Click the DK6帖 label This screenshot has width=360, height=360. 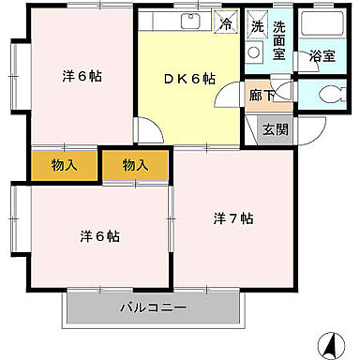[x=189, y=79]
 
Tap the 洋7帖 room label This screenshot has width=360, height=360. [x=232, y=218]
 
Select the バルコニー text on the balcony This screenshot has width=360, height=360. [x=152, y=307]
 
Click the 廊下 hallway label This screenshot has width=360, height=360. [x=261, y=95]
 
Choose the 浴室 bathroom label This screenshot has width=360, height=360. [x=322, y=57]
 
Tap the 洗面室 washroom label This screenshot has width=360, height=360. [x=279, y=41]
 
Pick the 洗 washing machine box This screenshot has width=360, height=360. [x=256, y=26]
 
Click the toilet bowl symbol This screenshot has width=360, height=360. [x=327, y=93]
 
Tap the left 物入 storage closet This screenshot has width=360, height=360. [x=65, y=166]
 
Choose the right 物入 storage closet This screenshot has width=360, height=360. [x=135, y=166]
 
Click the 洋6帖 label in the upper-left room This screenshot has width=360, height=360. [x=82, y=76]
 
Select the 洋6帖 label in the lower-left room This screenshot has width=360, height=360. [x=97, y=235]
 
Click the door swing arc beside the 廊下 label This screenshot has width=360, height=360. [x=285, y=93]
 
